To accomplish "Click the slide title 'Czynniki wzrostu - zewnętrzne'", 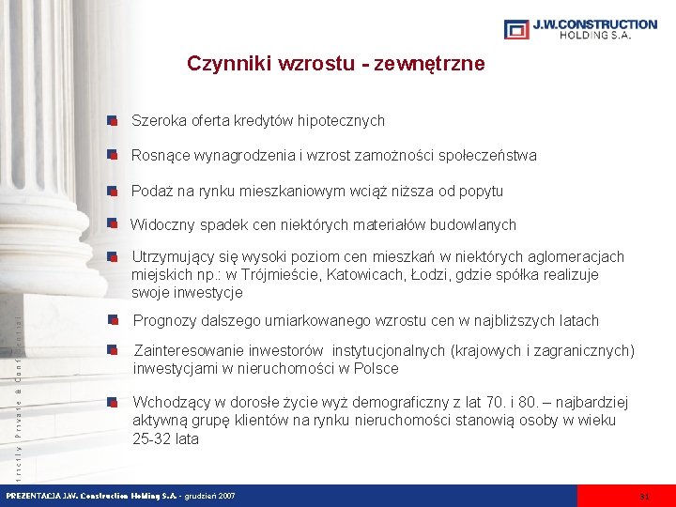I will [x=336, y=64].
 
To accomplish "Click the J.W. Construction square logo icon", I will [x=516, y=29].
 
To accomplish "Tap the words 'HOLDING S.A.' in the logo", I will [x=594, y=35].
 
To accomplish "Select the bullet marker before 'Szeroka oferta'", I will [x=112, y=121].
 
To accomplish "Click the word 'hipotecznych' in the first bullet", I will [x=342, y=121].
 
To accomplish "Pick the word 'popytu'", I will [x=480, y=192].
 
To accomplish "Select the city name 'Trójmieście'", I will [x=283, y=275].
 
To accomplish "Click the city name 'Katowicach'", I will [x=369, y=275].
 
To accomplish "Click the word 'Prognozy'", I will [x=164, y=321].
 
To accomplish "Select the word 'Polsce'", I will [x=376, y=369].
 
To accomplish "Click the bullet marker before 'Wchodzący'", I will [x=112, y=404].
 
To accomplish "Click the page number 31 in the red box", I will [x=643, y=496].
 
